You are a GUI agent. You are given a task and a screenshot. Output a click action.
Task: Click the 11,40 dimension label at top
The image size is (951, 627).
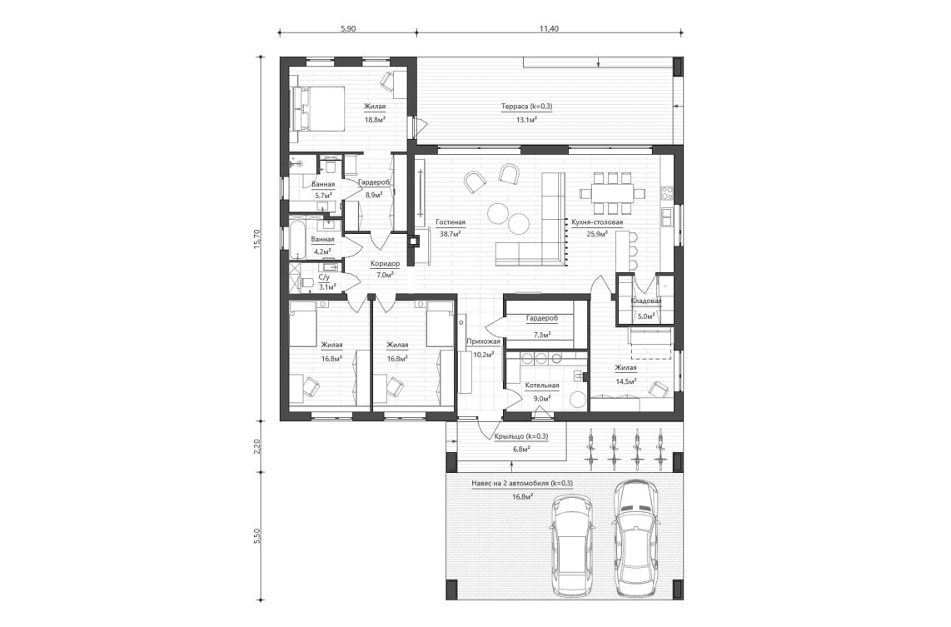click(548, 28)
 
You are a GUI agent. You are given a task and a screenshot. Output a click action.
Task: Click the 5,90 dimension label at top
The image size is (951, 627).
click(347, 28)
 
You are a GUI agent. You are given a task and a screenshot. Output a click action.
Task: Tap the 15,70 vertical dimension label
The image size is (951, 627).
click(257, 238)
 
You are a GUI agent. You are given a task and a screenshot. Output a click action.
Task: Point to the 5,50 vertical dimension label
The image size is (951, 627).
click(257, 535)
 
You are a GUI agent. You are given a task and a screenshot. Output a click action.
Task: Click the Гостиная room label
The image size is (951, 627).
click(450, 222)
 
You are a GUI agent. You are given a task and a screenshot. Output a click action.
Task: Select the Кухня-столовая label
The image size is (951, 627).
click(596, 222)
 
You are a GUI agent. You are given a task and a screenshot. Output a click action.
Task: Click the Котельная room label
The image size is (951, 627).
click(541, 386)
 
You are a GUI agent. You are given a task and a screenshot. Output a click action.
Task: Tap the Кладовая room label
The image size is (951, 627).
click(646, 301)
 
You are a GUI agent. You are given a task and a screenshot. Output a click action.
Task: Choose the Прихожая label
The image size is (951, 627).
click(483, 341)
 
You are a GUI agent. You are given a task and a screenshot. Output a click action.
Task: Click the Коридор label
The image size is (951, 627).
click(385, 263)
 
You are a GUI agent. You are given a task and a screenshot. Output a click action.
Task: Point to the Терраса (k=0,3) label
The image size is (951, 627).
click(526, 107)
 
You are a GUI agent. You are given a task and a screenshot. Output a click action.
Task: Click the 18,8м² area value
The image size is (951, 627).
click(374, 119)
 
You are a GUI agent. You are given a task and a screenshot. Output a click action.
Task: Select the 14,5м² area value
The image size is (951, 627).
click(625, 381)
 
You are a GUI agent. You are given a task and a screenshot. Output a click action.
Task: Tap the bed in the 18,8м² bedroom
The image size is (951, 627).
click(318, 108)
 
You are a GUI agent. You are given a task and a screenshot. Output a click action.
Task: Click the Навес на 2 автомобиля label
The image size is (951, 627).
click(522, 483)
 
